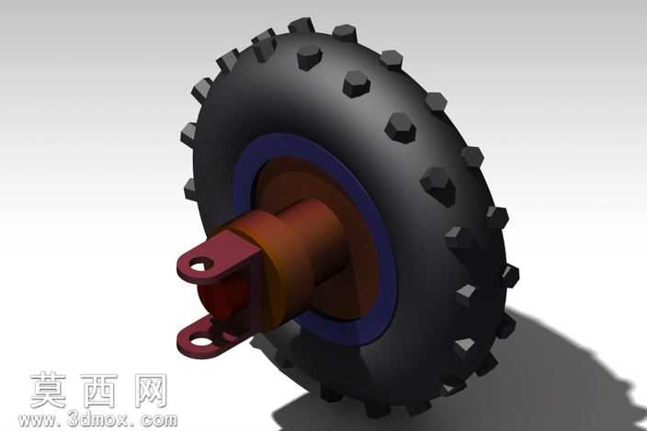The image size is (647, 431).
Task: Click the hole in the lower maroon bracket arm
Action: [x=200, y=342]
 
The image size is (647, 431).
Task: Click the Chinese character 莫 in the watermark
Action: [x=48, y=391]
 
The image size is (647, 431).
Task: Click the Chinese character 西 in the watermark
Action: [x=98, y=391]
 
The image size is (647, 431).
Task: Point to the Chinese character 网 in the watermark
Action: [x=151, y=391]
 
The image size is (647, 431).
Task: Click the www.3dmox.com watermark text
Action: [x=97, y=420]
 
